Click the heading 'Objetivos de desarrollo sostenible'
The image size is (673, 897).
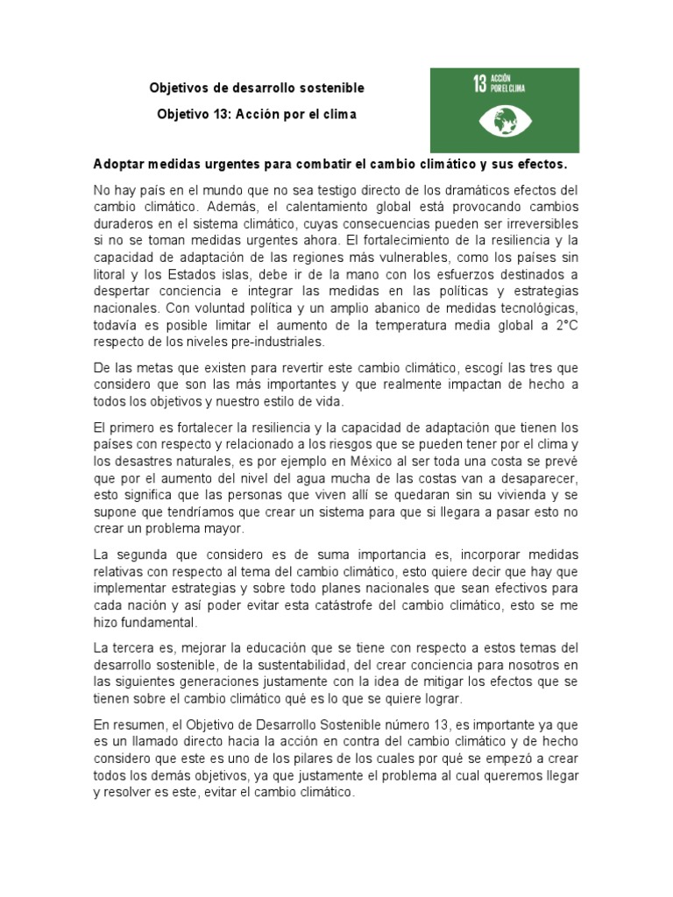257,88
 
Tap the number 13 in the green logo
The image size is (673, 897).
479,85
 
